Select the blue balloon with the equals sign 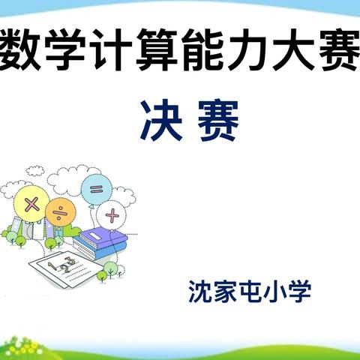click(96, 188)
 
